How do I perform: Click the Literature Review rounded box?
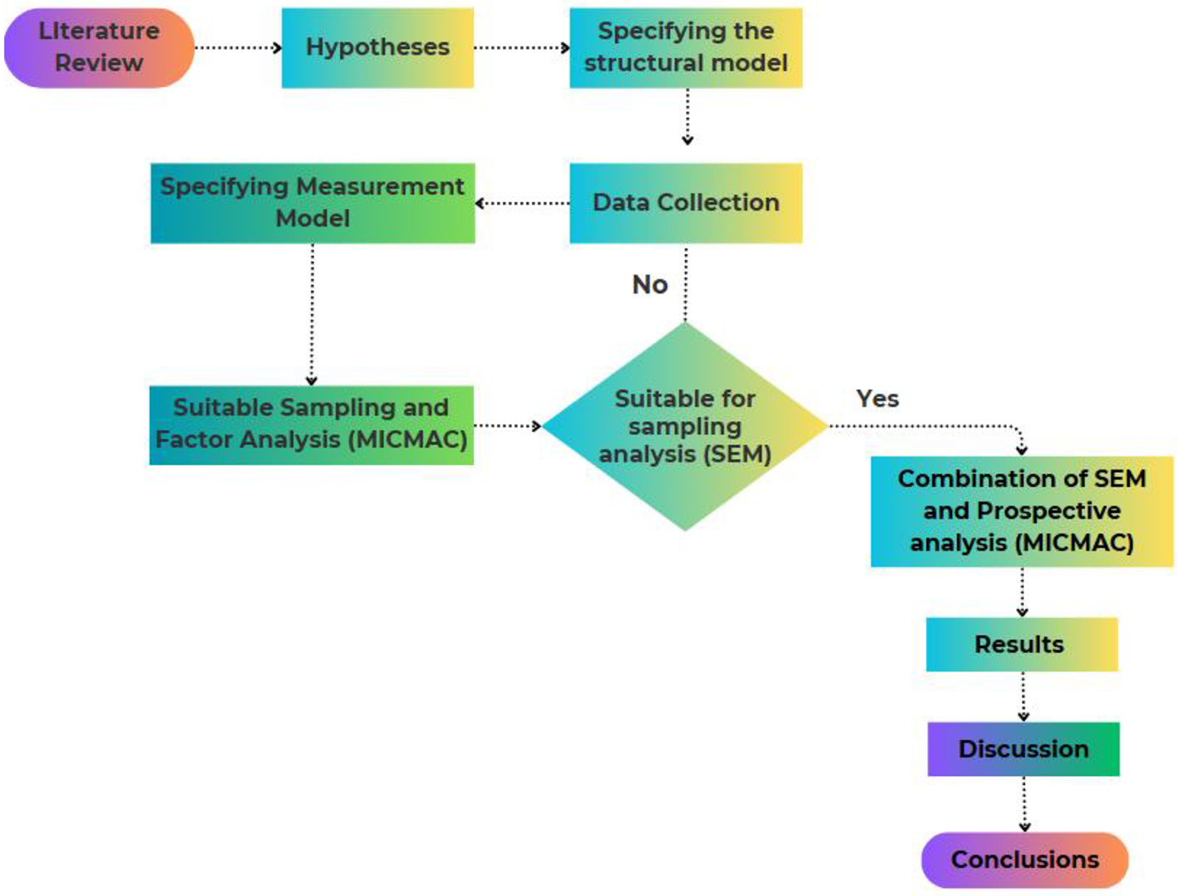point(99,47)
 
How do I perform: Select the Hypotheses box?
point(377,47)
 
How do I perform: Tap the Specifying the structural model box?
point(686,47)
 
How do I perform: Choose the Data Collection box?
point(686,203)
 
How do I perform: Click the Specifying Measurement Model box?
point(313,203)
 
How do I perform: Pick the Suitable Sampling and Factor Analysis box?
point(312,425)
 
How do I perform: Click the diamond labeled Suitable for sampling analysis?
point(685,426)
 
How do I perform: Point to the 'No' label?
point(650,285)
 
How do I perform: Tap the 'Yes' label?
point(878,399)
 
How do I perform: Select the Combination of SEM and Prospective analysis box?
point(1022,511)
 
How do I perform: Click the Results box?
point(1022,644)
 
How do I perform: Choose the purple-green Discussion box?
point(1023,749)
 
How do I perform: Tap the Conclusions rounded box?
point(1025,859)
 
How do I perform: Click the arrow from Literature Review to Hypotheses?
point(238,47)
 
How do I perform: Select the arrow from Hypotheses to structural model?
point(521,47)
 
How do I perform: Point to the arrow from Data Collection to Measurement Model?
point(522,203)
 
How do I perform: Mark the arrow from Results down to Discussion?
point(1023,697)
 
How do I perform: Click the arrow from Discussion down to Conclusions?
point(1024,804)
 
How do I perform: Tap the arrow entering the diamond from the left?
point(507,426)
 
